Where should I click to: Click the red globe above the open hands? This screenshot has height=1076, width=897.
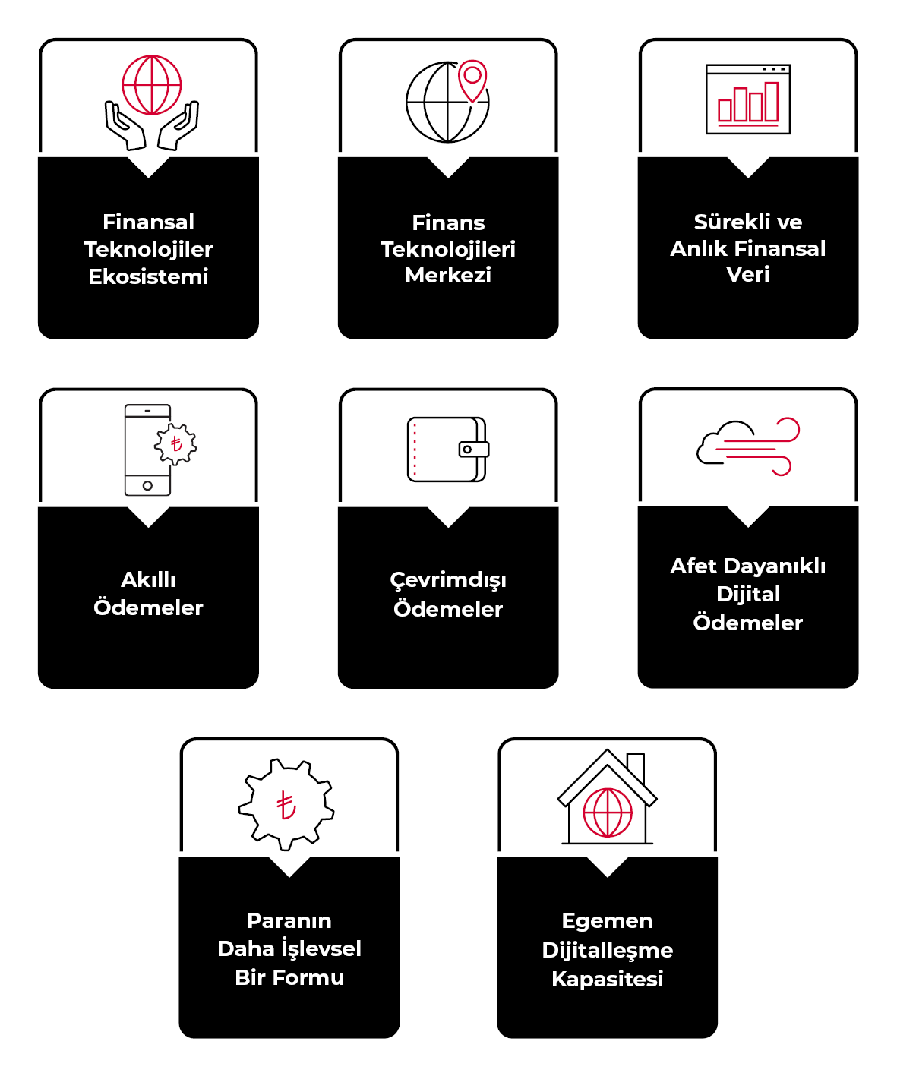pyautogui.click(x=152, y=84)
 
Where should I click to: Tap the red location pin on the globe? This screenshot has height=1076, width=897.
pyautogui.click(x=472, y=79)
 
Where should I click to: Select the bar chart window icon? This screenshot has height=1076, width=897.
pyautogui.click(x=748, y=99)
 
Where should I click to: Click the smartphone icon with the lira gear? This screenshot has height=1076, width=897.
pyautogui.click(x=149, y=450)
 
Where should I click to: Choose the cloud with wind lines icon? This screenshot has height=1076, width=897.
pyautogui.click(x=748, y=446)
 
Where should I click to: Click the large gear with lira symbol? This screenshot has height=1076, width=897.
pyautogui.click(x=286, y=804)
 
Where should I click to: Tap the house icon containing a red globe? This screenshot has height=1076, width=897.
pyautogui.click(x=608, y=801)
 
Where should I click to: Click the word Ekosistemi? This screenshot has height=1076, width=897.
pyautogui.click(x=149, y=276)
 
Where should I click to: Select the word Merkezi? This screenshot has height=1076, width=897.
pyautogui.click(x=448, y=275)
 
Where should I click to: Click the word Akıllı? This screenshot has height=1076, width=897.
pyautogui.click(x=149, y=580)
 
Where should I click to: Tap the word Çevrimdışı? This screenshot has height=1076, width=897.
pyautogui.click(x=448, y=580)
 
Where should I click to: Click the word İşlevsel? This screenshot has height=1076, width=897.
pyautogui.click(x=321, y=948)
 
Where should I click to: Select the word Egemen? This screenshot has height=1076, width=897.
pyautogui.click(x=608, y=921)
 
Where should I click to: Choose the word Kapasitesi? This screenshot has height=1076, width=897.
pyautogui.click(x=608, y=979)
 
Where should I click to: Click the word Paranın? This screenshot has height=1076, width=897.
pyautogui.click(x=289, y=921)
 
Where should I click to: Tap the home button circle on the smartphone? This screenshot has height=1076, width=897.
pyautogui.click(x=147, y=485)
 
